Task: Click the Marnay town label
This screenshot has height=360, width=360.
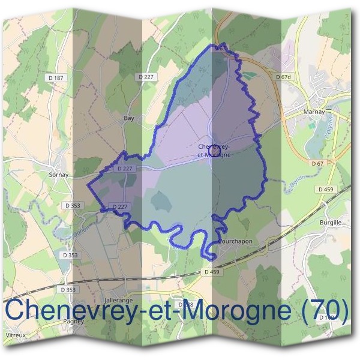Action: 314,112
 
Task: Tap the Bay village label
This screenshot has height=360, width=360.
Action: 128,118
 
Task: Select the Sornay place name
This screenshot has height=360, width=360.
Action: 59,175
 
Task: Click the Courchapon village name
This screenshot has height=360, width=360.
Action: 235,241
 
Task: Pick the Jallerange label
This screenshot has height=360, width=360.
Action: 118,299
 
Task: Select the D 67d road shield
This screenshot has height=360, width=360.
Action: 283,77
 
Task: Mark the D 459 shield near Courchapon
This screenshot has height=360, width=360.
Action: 212,272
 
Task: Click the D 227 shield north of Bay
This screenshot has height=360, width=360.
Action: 146,76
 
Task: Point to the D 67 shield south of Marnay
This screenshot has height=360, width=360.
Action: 318,163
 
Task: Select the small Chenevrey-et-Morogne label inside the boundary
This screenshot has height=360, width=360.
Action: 214,151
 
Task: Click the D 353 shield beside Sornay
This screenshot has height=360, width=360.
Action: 72,205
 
